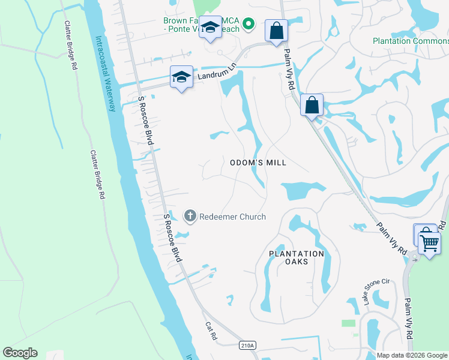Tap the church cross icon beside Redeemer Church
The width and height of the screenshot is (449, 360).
point(190,216)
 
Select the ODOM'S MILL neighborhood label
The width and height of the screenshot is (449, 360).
point(258,163)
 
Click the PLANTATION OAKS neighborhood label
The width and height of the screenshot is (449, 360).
point(296,257)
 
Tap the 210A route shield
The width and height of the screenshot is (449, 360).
point(247,345)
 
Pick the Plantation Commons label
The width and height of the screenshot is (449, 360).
point(410,41)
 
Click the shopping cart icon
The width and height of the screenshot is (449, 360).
point(429,243)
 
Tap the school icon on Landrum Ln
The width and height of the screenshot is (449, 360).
point(181,77)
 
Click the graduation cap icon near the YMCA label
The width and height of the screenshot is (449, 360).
point(211,28)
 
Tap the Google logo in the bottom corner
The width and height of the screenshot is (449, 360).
point(20,353)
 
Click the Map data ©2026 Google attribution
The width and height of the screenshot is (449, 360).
point(412,355)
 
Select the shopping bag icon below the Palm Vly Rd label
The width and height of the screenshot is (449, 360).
point(312,105)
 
